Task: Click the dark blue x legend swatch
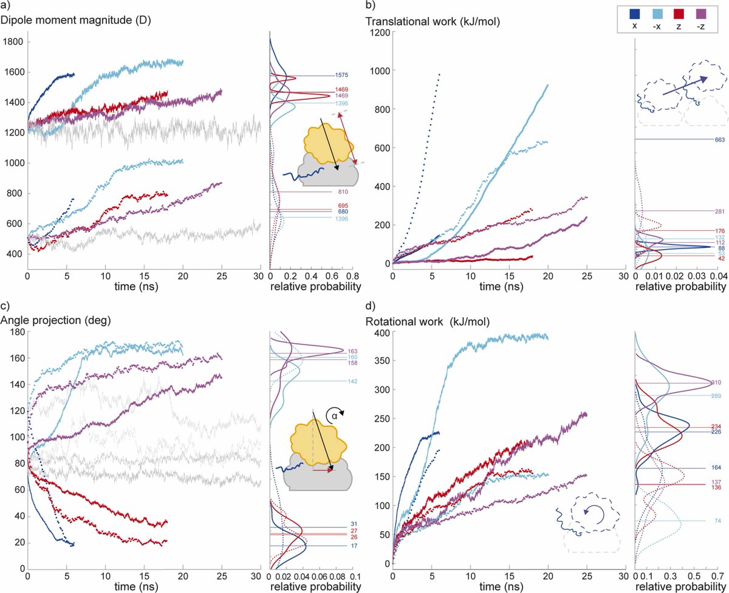[634, 14]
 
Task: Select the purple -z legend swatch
[701, 14]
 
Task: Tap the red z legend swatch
[679, 14]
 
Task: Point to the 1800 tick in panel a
[13, 42]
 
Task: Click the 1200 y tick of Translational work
[380, 33]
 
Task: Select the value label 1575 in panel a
[341, 75]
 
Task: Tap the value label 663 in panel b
[720, 140]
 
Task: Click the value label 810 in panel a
[343, 192]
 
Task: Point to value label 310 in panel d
[716, 383]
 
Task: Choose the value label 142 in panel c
[353, 381]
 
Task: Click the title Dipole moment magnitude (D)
[76, 20]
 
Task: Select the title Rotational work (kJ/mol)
[428, 321]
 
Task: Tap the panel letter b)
[371, 5]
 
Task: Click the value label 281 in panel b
[720, 211]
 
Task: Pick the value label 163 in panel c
[352, 351]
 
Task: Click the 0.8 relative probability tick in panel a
[352, 276]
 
